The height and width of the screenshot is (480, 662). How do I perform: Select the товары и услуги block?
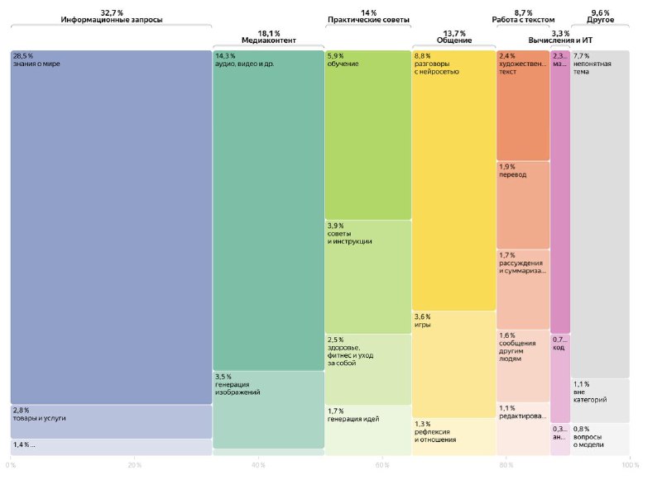click(111, 421)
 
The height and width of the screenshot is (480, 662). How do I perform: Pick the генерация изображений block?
click(268, 409)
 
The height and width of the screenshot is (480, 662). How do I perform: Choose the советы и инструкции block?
click(367, 276)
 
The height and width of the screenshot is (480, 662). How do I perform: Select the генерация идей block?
click(367, 430)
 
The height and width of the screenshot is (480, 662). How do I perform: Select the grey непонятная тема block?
click(600, 215)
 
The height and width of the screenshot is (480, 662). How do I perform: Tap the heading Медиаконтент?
click(268, 39)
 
